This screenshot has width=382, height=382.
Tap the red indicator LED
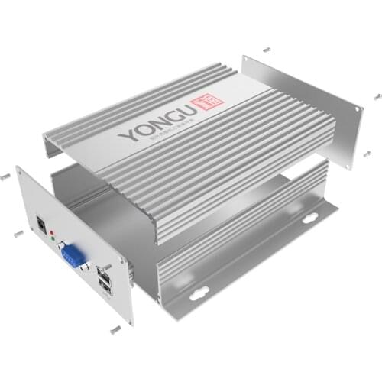[52, 230]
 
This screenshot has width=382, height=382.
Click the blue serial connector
[73, 254]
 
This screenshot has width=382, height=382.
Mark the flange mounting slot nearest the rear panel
[309, 218]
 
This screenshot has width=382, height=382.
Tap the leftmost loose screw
[5, 175]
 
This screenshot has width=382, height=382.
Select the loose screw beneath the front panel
[115, 329]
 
